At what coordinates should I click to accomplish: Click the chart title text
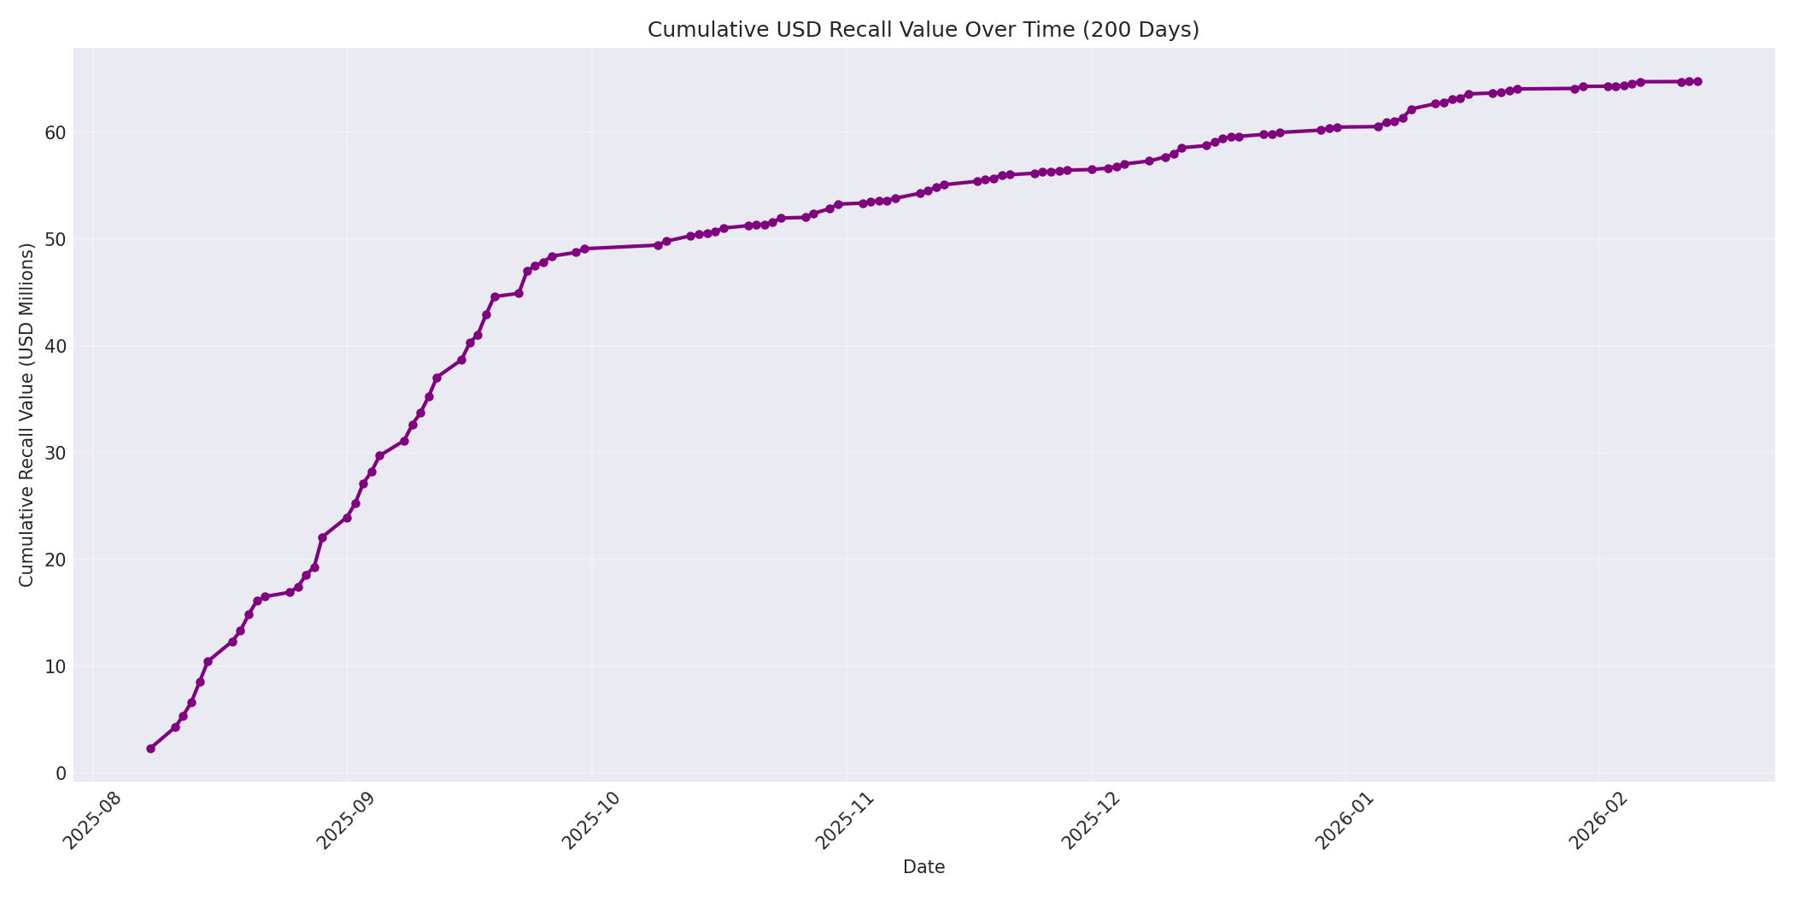[923, 30]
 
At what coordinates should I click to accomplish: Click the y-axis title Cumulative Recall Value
[26, 415]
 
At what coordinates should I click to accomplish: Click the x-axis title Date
[923, 867]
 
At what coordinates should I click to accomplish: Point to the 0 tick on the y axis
[60, 773]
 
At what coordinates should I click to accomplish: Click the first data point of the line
[150, 748]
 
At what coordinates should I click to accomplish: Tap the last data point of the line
[1697, 81]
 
